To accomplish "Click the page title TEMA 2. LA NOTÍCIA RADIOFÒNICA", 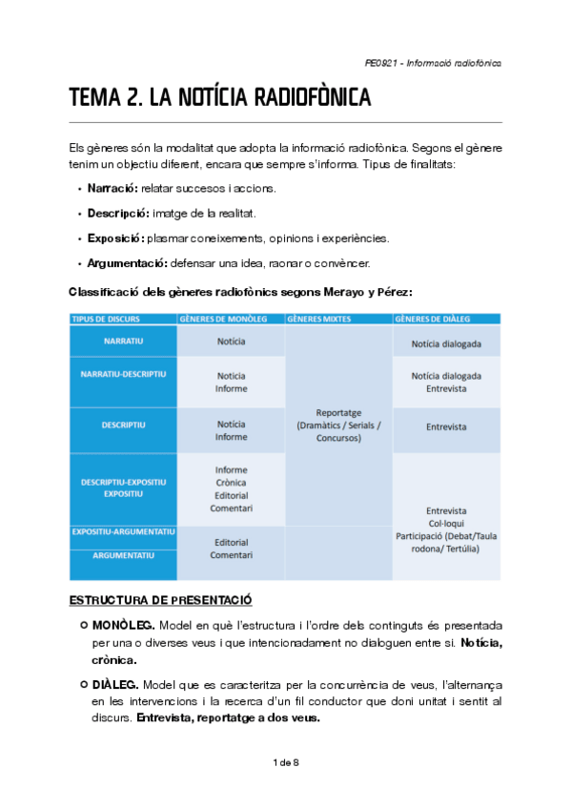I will (x=219, y=98).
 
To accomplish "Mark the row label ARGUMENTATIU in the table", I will (x=123, y=552).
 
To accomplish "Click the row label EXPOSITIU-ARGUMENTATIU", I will (x=123, y=530).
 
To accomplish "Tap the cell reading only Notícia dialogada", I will (x=446, y=343).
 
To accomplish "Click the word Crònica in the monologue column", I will (x=231, y=483).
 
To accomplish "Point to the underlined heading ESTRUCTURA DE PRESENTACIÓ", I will (x=160, y=600).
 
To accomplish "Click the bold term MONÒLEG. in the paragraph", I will (x=124, y=625).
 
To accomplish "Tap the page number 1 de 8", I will (x=285, y=761).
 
